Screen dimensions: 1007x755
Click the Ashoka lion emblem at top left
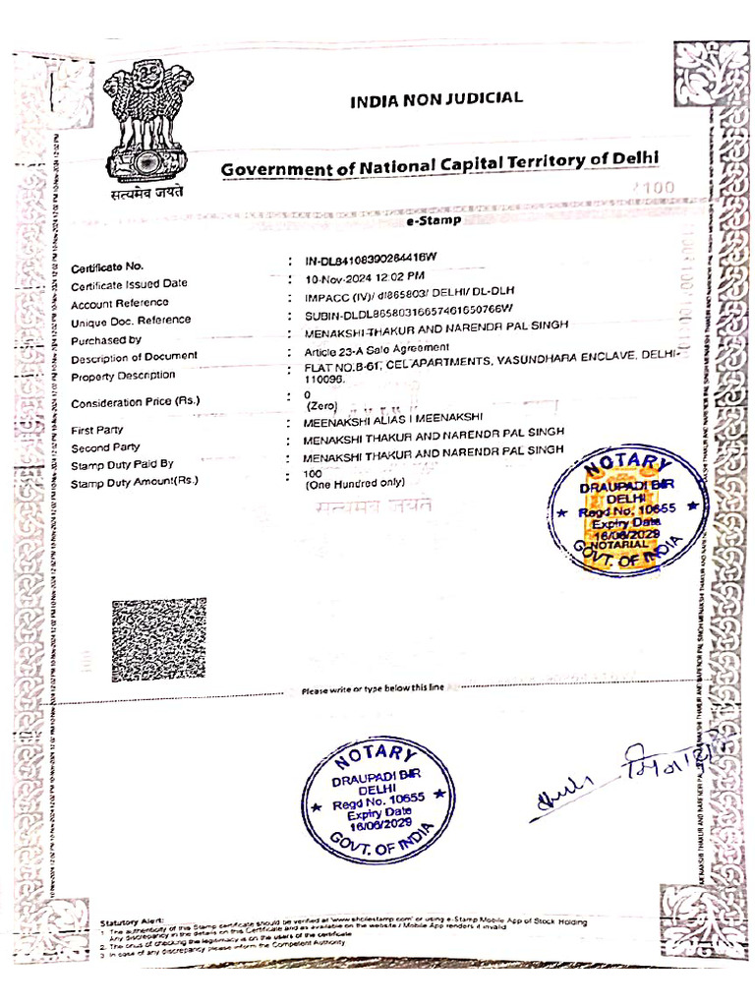click(x=148, y=123)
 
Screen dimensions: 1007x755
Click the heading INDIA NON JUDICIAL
click(x=436, y=98)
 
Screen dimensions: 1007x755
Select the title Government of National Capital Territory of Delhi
click(x=439, y=166)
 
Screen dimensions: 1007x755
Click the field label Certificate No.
click(x=107, y=267)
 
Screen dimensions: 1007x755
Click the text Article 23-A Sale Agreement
click(x=377, y=348)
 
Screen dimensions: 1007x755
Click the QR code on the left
click(x=158, y=640)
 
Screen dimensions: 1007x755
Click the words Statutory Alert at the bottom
click(x=132, y=920)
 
